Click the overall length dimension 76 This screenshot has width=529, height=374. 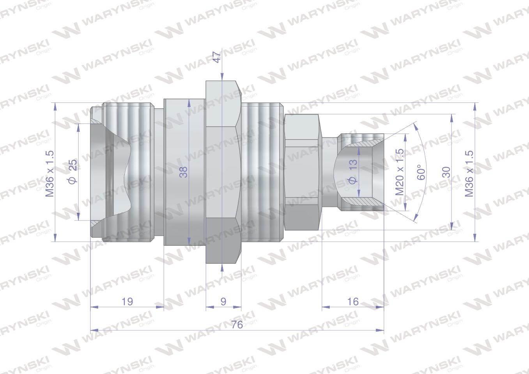click(237, 325)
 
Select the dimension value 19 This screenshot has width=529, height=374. click(127, 302)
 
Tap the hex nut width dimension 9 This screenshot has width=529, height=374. click(223, 302)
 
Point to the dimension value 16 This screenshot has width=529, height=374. click(353, 302)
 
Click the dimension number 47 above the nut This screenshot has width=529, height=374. click(217, 57)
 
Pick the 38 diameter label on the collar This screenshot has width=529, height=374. click(183, 172)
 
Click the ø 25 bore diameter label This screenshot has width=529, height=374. click(73, 171)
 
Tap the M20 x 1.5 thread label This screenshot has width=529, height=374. click(400, 172)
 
